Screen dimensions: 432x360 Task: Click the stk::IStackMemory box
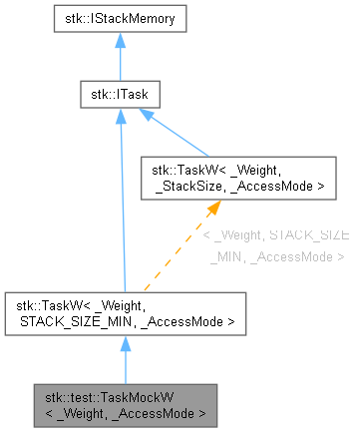click(x=120, y=17)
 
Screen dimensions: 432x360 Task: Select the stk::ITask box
click(x=120, y=96)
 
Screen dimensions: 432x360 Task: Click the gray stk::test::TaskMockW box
click(x=121, y=402)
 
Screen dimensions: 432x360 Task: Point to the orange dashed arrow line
click(x=180, y=250)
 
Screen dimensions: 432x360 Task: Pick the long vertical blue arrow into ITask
click(x=120, y=200)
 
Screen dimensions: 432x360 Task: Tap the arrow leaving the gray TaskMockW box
click(x=121, y=358)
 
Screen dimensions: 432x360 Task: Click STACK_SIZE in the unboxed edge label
click(x=309, y=235)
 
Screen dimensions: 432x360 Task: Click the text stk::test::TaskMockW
click(x=121, y=395)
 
